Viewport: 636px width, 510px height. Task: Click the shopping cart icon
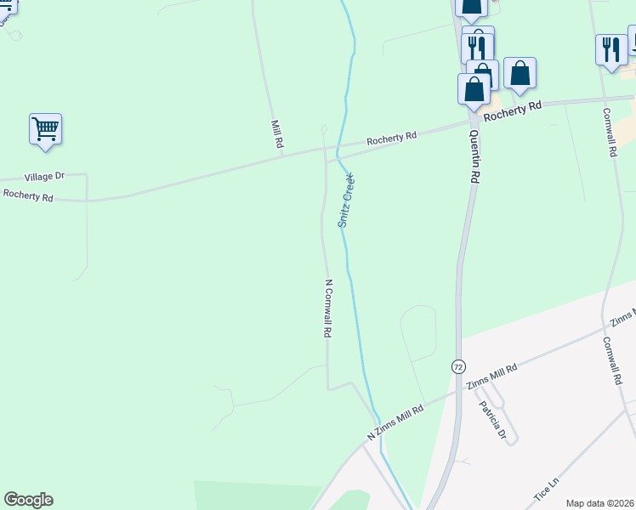click(45, 129)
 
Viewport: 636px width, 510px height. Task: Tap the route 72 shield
click(458, 366)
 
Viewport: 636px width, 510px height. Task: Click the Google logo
click(28, 500)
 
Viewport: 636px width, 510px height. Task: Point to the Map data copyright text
click(599, 503)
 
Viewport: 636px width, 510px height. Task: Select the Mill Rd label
click(276, 134)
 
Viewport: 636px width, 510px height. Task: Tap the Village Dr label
click(44, 177)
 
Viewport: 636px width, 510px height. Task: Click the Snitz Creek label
click(346, 200)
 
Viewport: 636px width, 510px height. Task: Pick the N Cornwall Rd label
click(327, 309)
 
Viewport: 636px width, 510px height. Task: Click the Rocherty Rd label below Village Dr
click(27, 195)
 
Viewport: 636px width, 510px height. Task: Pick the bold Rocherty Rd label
click(513, 108)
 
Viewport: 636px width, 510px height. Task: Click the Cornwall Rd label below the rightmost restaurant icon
click(609, 132)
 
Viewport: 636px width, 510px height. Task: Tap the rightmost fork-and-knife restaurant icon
click(610, 50)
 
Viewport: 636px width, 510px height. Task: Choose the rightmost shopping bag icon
click(520, 73)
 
